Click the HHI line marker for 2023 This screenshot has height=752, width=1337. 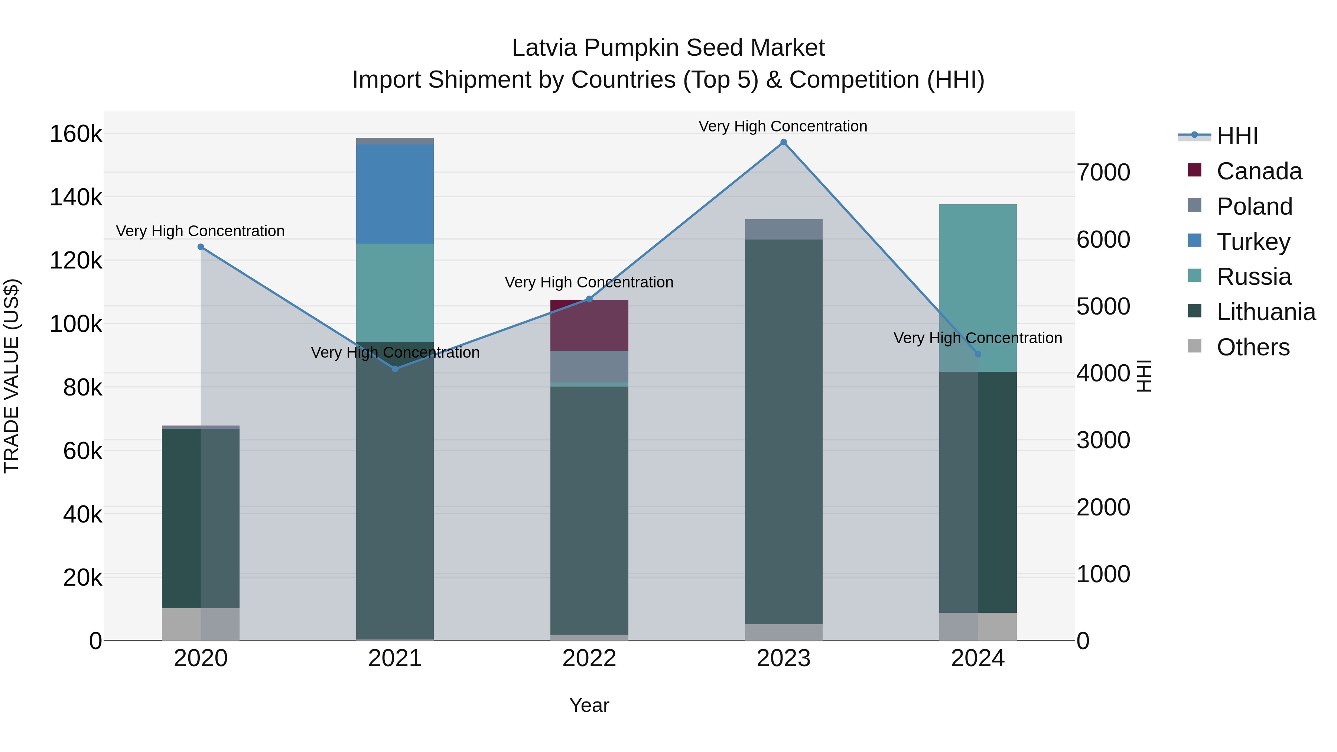pos(783,142)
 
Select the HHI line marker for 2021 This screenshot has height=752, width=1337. pos(395,368)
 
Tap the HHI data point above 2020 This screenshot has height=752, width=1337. pos(201,247)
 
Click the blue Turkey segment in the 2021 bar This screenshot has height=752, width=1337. pos(395,194)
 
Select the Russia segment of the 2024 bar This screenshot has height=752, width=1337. pos(978,288)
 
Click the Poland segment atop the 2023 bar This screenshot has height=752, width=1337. pos(783,229)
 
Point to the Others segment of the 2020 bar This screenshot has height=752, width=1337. pos(201,624)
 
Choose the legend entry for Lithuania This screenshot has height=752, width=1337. pos(1265,312)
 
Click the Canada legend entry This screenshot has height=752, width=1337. pos(1259,171)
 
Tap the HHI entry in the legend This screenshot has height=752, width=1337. pos(1237,136)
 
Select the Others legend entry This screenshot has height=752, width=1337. pos(1252,347)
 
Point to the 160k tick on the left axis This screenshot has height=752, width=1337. pos(76,134)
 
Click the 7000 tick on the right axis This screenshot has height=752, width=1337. pos(1103,172)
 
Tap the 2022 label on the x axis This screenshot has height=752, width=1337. pos(589,658)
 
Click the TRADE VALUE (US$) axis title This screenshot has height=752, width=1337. pos(12,376)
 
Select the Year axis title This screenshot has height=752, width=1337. pos(589,705)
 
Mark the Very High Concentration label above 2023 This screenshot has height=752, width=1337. pos(783,126)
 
